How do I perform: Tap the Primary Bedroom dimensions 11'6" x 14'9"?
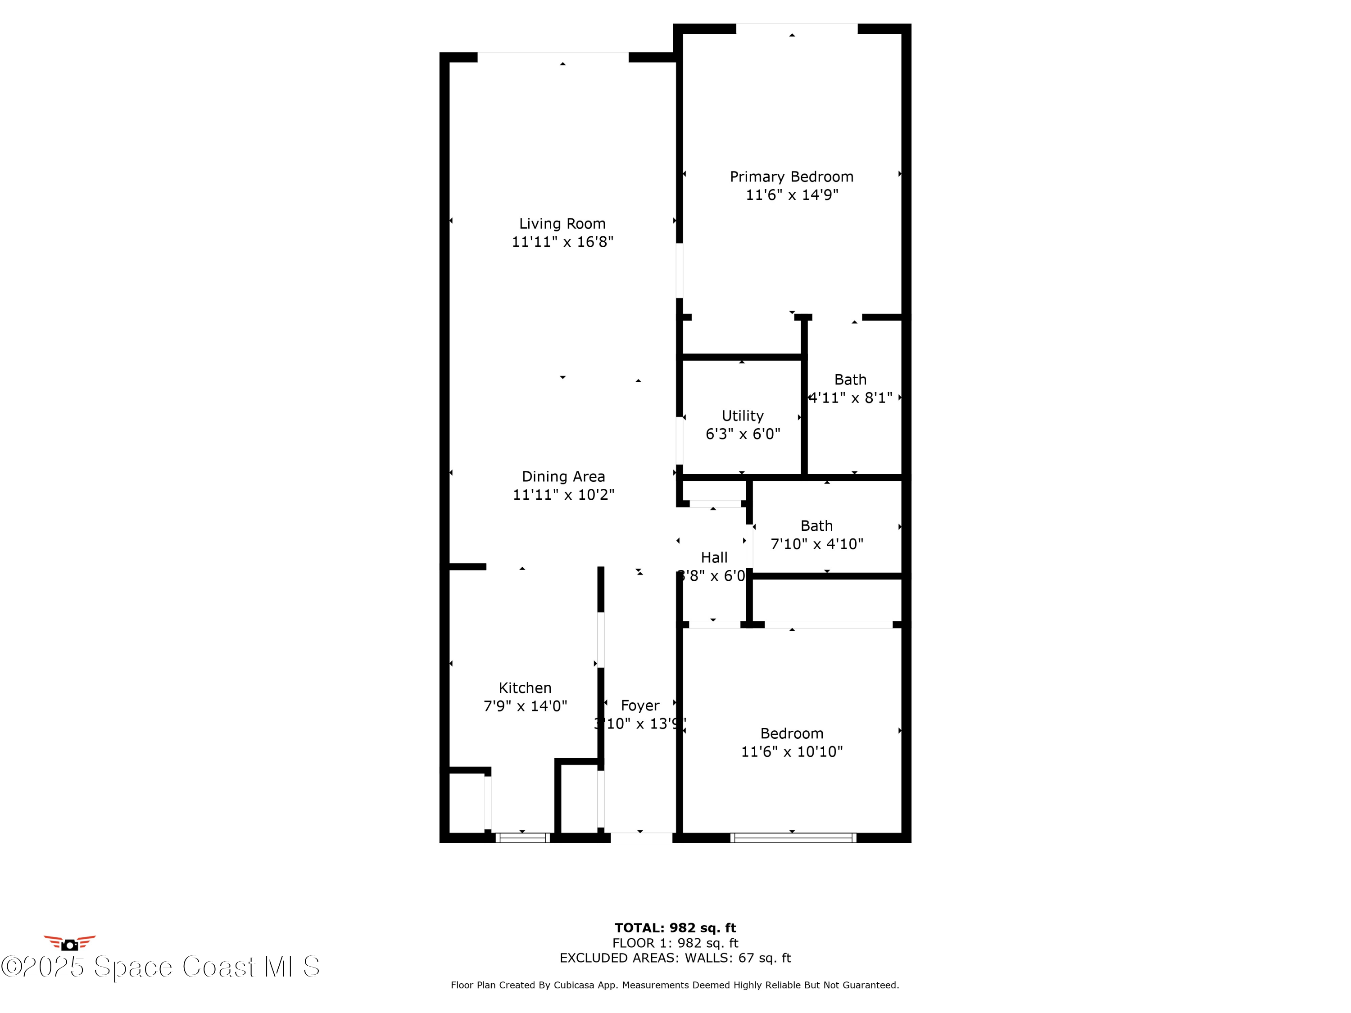(792, 195)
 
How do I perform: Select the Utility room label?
(742, 416)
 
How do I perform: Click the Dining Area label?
(563, 476)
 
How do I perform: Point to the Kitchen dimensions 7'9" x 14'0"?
(525, 706)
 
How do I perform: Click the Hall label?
(713, 557)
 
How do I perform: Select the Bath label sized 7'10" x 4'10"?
(816, 526)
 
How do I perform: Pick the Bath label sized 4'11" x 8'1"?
(850, 380)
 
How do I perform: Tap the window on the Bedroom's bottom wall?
(793, 838)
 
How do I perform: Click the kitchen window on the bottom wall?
(522, 838)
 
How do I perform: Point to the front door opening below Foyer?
(641, 838)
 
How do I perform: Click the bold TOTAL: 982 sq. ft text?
(675, 928)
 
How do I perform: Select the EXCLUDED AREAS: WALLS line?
(675, 958)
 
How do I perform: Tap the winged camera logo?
(70, 943)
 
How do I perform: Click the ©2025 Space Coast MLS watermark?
(160, 967)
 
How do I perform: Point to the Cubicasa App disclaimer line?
(675, 985)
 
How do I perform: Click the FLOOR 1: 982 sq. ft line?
(675, 943)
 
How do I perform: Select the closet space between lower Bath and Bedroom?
(827, 600)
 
